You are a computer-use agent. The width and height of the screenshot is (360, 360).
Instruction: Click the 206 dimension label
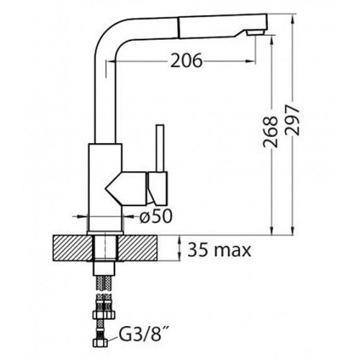coord(186,60)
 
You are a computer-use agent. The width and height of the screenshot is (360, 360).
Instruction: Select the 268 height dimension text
coord(271,132)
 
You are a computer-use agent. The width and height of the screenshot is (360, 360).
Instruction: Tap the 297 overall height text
coord(292,120)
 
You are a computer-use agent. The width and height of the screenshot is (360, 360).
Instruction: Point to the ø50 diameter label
coord(156,216)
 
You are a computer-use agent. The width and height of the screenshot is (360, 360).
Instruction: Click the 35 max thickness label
coord(219,250)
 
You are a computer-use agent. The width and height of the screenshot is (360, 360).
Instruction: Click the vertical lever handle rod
coord(160,148)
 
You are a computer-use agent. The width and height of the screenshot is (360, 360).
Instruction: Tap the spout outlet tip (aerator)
coord(256,32)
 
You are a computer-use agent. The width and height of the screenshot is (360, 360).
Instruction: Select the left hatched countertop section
coord(73,248)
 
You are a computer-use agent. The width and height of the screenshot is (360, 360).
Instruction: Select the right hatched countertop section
coord(138,248)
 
